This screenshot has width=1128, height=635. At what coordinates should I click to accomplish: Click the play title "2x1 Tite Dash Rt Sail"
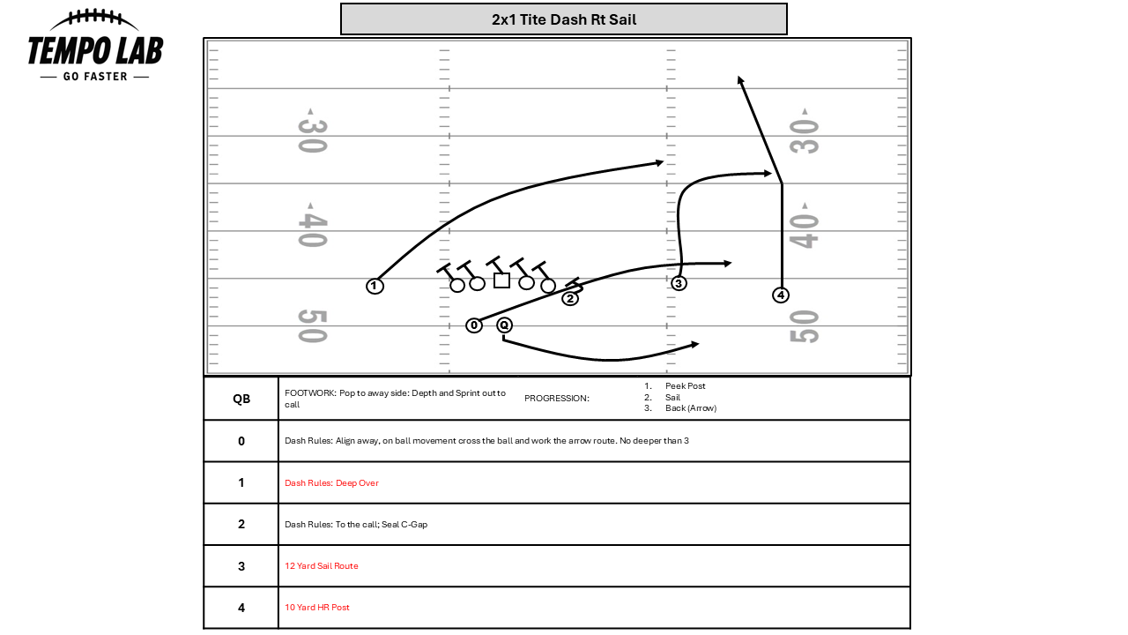click(x=563, y=19)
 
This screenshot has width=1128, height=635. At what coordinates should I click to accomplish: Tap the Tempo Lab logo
click(x=95, y=47)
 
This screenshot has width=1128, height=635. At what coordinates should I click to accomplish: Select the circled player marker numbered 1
click(x=375, y=286)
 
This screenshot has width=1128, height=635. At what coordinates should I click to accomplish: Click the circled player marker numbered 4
click(x=780, y=295)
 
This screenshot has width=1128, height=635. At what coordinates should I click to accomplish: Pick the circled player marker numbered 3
click(x=679, y=283)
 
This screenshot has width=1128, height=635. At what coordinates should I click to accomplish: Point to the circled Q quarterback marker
click(x=504, y=325)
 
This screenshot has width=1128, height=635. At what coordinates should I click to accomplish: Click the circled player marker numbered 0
click(x=474, y=325)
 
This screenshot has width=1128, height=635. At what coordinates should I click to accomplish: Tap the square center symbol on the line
click(x=501, y=280)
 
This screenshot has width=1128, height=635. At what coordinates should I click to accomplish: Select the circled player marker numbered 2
click(x=570, y=298)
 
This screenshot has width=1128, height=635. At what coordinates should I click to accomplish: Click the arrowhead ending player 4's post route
click(x=741, y=79)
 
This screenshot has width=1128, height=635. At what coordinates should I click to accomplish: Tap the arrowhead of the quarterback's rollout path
click(x=694, y=344)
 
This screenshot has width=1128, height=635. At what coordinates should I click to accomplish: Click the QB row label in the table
click(x=241, y=399)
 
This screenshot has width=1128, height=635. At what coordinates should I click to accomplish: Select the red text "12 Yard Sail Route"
click(x=322, y=566)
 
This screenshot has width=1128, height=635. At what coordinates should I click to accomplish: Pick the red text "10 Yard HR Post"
click(x=317, y=608)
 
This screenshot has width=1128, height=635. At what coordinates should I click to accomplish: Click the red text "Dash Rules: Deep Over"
click(x=331, y=483)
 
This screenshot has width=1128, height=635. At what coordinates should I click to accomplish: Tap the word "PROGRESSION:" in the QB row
click(x=556, y=399)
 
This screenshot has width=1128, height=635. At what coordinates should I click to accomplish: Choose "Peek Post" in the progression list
click(x=685, y=386)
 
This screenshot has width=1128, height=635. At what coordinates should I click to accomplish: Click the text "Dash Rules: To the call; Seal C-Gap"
click(x=356, y=525)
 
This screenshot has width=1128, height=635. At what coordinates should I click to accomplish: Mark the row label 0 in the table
click(x=241, y=441)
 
